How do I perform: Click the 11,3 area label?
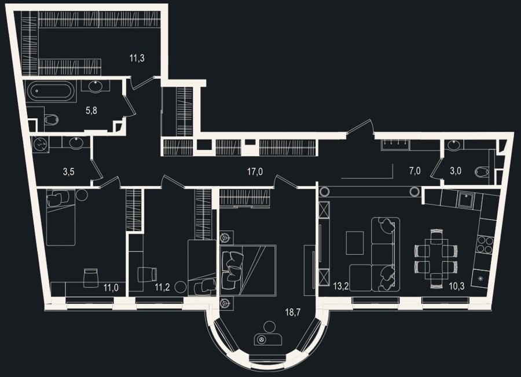(x=137, y=59)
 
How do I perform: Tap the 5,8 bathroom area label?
(x=91, y=111)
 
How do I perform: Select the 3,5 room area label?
(x=68, y=172)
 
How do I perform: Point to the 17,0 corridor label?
(x=255, y=172)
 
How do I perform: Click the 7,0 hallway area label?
(x=415, y=171)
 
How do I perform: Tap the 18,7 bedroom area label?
(x=293, y=312)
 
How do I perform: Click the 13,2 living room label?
(x=341, y=286)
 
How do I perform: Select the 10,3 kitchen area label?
(x=457, y=286)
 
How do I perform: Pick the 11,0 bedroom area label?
(x=111, y=287)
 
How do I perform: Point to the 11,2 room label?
(x=162, y=287)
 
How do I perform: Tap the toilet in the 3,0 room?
(x=482, y=171)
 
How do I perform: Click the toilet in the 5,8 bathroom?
(x=50, y=119)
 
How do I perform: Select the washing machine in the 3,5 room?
(x=41, y=145)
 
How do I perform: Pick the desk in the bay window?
(x=268, y=339)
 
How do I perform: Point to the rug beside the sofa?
(x=355, y=243)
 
